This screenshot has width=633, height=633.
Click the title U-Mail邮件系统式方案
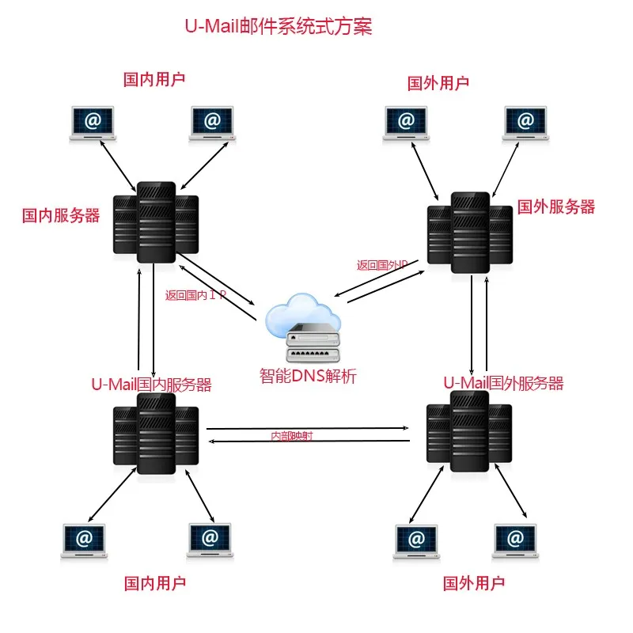278,27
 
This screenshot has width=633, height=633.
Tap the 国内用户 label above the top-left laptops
154,79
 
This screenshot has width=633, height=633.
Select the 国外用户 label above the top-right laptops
438,82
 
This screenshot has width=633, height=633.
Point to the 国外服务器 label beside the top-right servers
555,207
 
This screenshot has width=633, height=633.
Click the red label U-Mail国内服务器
151,385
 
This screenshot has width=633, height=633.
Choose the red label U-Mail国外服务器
503,384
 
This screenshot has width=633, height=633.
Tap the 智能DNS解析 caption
308,377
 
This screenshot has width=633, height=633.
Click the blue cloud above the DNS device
304,312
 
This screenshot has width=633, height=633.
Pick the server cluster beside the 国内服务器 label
155,221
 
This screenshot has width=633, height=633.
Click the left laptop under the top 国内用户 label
92,123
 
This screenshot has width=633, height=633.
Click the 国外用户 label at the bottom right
473,585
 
